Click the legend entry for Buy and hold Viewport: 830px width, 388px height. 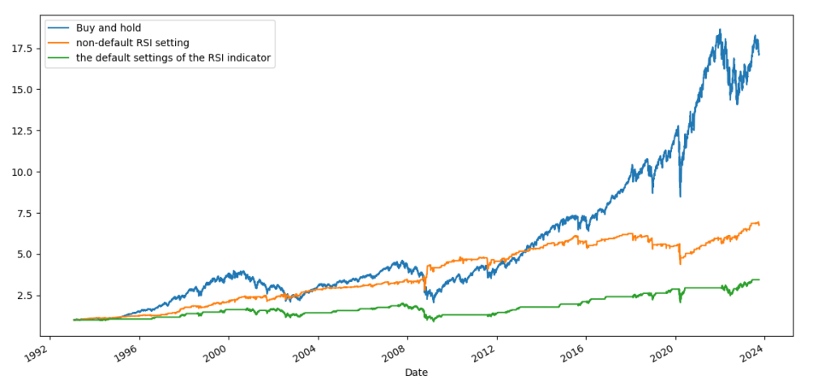pyautogui.click(x=113, y=28)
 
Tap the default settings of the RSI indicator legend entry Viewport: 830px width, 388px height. pyautogui.click(x=178, y=58)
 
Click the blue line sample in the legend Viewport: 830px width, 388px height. pyautogui.click(x=64, y=28)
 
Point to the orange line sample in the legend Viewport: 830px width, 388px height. pyautogui.click(x=64, y=43)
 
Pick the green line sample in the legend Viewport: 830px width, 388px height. pyautogui.click(x=64, y=58)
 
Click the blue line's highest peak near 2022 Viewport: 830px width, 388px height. pyautogui.click(x=719, y=30)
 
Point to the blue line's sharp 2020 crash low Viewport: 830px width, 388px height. pyautogui.click(x=680, y=196)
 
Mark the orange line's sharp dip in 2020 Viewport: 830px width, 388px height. pyautogui.click(x=680, y=263)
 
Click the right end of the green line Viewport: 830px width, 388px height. pyautogui.click(x=759, y=279)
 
